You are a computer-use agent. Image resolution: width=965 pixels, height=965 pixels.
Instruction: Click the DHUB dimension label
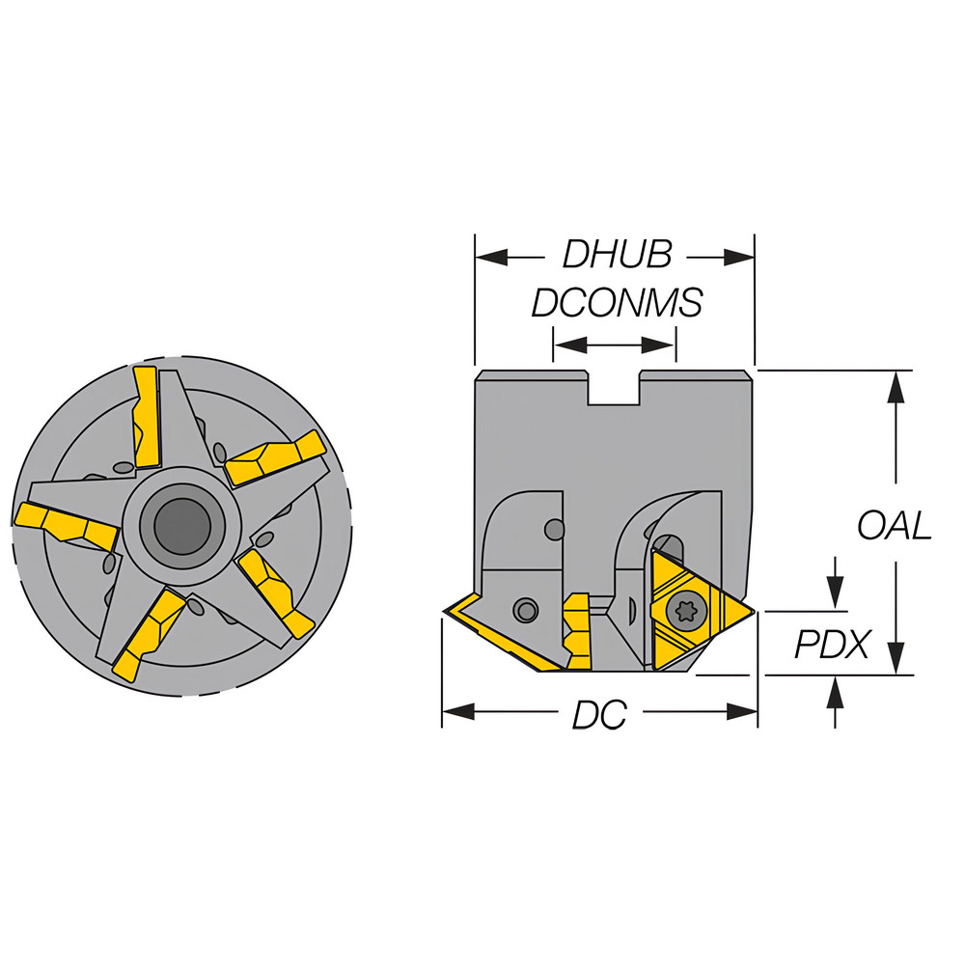(x=617, y=256)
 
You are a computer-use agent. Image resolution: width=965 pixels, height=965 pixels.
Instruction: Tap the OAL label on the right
(x=895, y=525)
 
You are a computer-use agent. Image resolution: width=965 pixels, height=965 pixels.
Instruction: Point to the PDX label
(x=832, y=645)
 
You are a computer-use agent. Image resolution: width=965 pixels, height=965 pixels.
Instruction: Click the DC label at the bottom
(x=599, y=715)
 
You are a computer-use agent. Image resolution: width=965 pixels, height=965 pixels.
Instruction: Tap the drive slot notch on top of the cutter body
(x=615, y=387)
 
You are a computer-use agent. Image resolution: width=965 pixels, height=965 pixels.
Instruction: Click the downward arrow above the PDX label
(x=836, y=597)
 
